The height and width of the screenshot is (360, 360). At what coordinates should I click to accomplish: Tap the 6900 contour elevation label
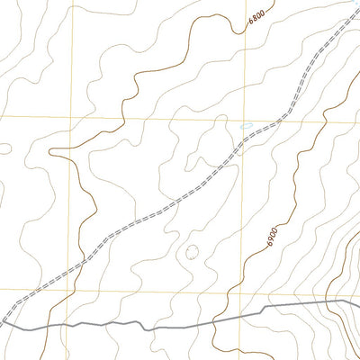tap(273, 239)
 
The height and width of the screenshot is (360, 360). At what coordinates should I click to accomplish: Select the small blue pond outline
tap(247, 126)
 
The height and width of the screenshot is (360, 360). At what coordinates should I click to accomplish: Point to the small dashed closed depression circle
tap(192, 253)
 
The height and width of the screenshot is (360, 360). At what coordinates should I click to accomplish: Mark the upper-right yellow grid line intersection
tap(246, 118)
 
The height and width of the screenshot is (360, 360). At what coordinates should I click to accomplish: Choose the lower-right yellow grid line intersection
tap(246, 291)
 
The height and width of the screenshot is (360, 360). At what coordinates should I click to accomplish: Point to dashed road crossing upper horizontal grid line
tap(282, 118)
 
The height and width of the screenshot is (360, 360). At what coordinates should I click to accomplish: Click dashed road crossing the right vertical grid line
tap(246, 139)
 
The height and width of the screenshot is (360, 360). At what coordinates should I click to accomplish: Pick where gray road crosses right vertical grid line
tap(246, 314)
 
